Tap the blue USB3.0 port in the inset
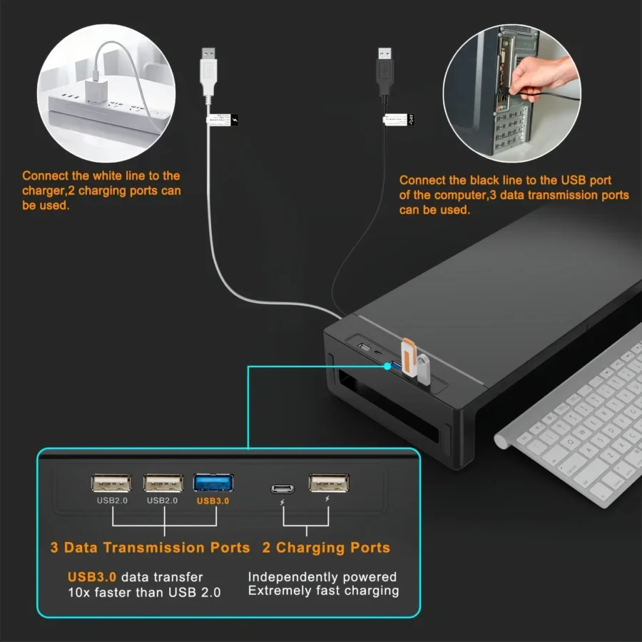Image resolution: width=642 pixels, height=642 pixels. coord(213,483)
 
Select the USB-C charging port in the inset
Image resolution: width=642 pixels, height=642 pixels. coord(282,489)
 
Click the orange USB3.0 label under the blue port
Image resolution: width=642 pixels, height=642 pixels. coord(213,501)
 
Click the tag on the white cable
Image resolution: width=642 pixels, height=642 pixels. coord(223,120)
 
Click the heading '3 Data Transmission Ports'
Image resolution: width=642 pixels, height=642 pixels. coord(150,548)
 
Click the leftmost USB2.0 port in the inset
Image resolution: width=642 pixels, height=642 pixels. coord(111,483)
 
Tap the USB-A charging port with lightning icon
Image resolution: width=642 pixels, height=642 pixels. coord(329,483)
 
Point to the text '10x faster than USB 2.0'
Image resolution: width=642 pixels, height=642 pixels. coord(144,592)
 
